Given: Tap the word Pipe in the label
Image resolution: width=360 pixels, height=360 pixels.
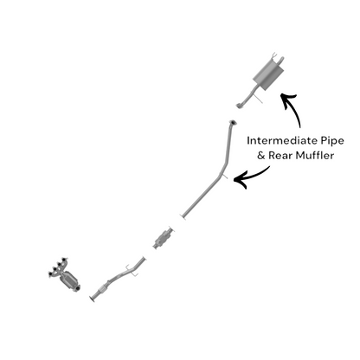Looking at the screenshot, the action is click(332, 141).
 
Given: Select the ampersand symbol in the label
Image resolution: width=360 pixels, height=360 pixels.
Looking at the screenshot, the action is click(260, 156).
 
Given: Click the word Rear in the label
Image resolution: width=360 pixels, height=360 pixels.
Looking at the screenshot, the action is click(280, 156).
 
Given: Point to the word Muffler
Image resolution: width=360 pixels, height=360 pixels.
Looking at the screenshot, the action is click(315, 156).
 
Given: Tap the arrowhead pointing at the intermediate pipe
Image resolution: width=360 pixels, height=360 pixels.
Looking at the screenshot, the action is click(240, 179).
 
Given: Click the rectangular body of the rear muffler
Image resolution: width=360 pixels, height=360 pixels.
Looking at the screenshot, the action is click(267, 74).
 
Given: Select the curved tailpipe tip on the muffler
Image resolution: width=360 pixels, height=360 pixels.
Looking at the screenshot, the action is click(280, 61).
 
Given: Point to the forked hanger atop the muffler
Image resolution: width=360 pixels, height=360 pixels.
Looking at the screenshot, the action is click(275, 55).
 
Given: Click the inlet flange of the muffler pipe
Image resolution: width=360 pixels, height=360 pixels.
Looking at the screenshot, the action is click(239, 106).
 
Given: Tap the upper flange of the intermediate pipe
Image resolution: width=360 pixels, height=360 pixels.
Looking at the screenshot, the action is click(233, 123).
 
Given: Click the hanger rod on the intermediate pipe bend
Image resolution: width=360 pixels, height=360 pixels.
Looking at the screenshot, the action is click(224, 176).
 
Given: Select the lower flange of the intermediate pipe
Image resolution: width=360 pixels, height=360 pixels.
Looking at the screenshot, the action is click(183, 217).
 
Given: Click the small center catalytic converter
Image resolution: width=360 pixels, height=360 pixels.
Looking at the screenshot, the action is click(164, 238).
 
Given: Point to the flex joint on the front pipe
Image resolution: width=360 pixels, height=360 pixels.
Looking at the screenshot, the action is click(102, 289).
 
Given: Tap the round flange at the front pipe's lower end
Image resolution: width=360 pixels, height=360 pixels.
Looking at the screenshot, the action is click(93, 299).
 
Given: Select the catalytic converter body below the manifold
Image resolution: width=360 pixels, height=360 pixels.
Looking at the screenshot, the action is click(70, 280).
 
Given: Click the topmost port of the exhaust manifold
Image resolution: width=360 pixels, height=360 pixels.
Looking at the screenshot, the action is click(65, 260).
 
